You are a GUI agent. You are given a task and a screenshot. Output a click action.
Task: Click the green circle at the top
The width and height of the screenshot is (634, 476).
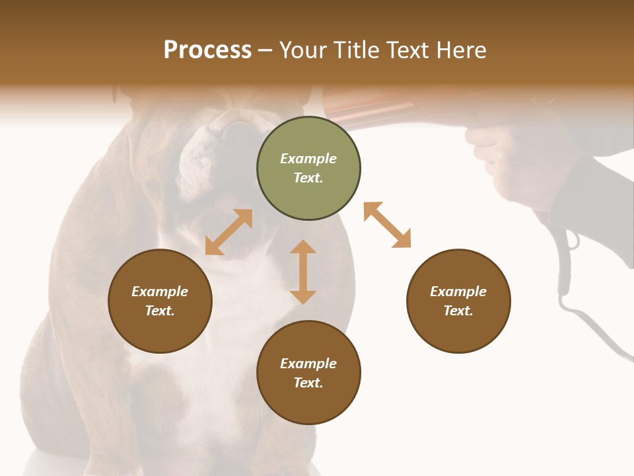[308, 169]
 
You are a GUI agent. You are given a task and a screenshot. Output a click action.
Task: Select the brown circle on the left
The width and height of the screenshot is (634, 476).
[160, 301]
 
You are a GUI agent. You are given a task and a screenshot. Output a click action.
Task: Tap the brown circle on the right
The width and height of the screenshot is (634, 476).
[458, 301]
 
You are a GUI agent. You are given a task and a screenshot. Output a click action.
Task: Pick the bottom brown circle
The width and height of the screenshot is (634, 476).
[308, 373]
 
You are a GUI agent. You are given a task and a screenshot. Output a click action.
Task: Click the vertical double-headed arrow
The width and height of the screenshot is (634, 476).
[303, 272]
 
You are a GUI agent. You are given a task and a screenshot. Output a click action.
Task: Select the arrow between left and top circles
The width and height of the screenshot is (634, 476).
[229, 232]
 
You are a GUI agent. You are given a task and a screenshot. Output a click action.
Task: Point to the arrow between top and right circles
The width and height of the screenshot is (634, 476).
[387, 225]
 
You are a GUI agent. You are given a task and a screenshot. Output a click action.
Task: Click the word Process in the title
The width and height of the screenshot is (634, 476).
[207, 50]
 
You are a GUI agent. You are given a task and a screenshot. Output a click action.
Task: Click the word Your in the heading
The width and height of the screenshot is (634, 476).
[303, 50]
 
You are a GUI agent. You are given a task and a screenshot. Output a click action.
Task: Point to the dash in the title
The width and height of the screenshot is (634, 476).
[265, 51]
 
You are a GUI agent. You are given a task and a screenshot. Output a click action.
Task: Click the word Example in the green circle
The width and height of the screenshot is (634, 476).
[308, 159]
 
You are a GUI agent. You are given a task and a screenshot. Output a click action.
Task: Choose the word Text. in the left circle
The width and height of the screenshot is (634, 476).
[160, 311]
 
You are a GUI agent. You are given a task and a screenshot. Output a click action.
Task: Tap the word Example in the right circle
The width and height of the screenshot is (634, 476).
[458, 292]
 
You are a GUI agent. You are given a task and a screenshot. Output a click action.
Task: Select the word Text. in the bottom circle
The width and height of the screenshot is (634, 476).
[308, 383]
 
